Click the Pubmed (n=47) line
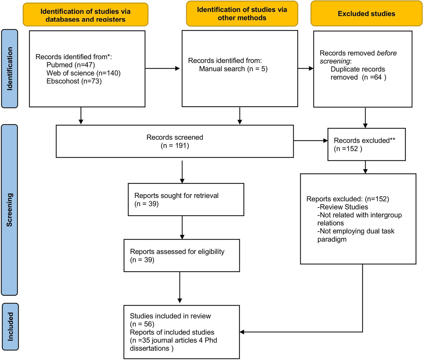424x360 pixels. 70,65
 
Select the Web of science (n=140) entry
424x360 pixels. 83,73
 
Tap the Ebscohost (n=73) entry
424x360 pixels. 74,81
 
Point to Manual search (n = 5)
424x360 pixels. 233,69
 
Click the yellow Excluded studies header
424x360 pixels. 366,14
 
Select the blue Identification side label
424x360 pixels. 10,69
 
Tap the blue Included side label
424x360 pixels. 10,327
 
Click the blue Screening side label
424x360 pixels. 10,210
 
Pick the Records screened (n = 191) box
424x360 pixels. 175,141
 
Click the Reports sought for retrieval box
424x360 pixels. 186,199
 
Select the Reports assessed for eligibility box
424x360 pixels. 181,255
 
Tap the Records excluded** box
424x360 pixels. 366,144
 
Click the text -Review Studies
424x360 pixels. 343,207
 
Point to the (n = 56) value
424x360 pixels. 142,324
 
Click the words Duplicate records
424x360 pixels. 358,69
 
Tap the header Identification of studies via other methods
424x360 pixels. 242,14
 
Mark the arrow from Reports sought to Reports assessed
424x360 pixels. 182,227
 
